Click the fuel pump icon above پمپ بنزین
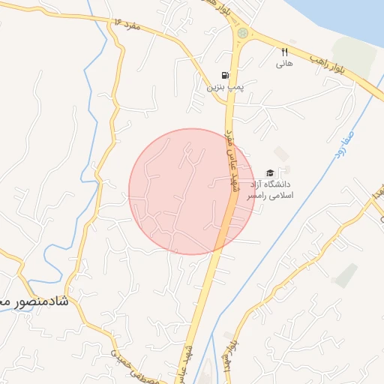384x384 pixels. point(224,76)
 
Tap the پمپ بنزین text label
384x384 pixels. point(226,87)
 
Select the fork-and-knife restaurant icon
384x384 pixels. point(284,52)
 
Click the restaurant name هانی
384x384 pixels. point(284,64)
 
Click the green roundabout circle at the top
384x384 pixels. point(242,33)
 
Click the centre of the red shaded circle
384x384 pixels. point(192,191)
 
